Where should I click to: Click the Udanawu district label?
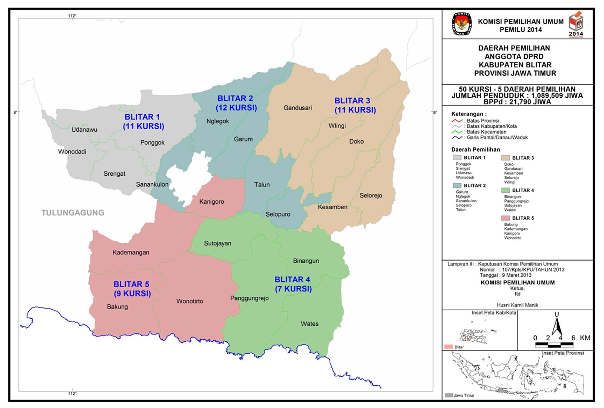coord(84,130)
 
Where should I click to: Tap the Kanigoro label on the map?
coord(211,202)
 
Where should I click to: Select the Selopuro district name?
coord(278,214)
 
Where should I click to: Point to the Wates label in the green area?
coord(310,324)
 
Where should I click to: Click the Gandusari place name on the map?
coord(297,108)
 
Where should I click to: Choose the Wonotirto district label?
coord(190,301)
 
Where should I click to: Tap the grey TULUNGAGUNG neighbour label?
coord(73,213)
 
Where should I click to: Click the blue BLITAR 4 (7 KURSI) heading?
coord(293,284)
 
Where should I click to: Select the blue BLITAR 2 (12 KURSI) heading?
coord(236,103)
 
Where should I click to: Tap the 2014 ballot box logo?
coord(576,23)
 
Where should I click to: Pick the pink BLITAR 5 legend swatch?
coord(505,218)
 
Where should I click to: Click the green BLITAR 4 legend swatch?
coord(505,190)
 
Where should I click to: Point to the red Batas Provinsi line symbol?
coord(457,121)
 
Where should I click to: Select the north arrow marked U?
coord(556,324)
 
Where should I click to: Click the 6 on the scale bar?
coord(573,338)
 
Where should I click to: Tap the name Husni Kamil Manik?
coord(517,305)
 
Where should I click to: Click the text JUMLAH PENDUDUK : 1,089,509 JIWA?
coord(517,96)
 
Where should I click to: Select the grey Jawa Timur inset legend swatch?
coord(448,395)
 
